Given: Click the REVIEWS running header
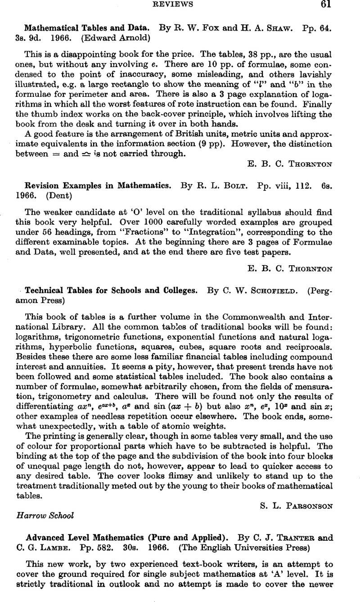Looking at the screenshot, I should tap(179, 5).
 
